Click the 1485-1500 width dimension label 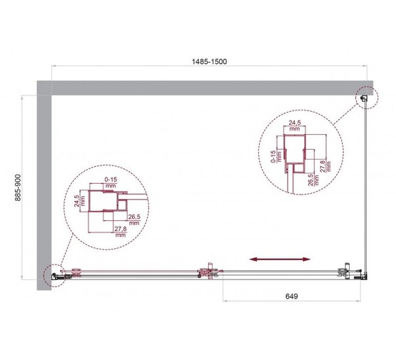pos(210,61)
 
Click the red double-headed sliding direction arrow pos(280,259)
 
